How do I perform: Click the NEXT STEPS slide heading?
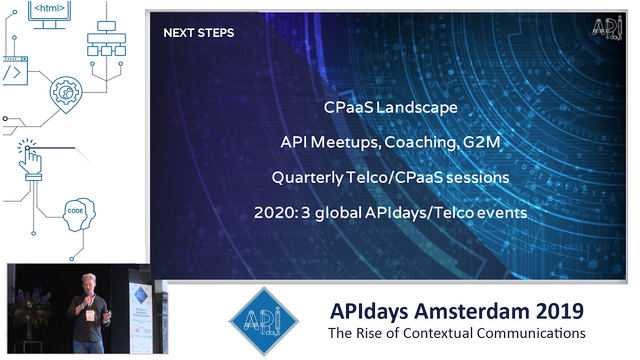(198, 33)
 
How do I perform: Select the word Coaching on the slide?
(421, 142)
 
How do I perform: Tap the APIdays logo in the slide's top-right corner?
(607, 28)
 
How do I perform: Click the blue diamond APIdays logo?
(263, 321)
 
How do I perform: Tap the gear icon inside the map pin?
(65, 92)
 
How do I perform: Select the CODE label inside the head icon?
(75, 211)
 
